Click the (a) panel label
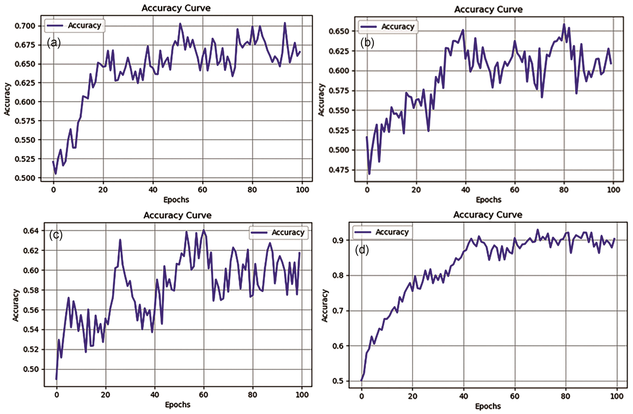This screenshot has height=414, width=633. click(54, 43)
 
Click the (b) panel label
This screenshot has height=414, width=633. click(367, 43)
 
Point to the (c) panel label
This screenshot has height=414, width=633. click(56, 235)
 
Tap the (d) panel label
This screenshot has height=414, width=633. click(362, 250)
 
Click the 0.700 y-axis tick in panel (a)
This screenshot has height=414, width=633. click(25, 26)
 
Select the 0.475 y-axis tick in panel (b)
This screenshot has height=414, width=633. click(339, 170)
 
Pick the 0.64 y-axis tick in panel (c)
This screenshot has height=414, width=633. click(31, 231)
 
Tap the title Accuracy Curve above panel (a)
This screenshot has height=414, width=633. click(176, 8)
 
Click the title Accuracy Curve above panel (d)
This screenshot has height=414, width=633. click(487, 215)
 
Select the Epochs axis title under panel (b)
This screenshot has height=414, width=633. click(488, 200)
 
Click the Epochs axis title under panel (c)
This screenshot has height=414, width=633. click(178, 405)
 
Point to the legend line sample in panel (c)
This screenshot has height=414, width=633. click(259, 232)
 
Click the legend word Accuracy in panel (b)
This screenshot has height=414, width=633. click(398, 27)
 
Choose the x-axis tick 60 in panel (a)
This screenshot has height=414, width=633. click(202, 190)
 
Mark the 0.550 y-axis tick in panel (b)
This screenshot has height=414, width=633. click(339, 110)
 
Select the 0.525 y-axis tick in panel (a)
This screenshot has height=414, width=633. click(25, 159)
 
